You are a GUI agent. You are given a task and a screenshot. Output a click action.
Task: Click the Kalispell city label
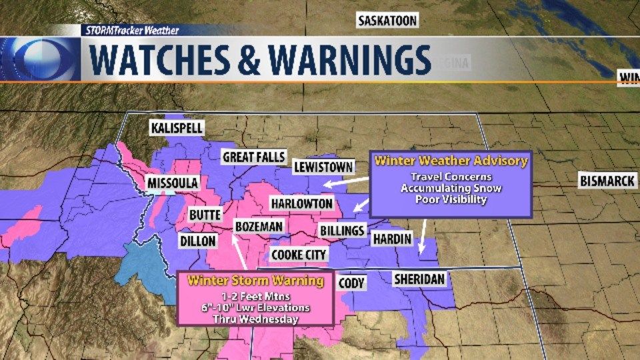pyautogui.click(x=177, y=127)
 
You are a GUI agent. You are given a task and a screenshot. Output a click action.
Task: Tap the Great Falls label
pyautogui.click(x=253, y=157)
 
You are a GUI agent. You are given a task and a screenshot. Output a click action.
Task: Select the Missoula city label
pyautogui.click(x=173, y=183)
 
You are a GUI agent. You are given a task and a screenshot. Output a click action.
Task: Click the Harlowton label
pyautogui.click(x=301, y=203)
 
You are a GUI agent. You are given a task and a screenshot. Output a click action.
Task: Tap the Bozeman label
pyautogui.click(x=259, y=227)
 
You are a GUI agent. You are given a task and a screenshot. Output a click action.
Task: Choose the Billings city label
pyautogui.click(x=342, y=231)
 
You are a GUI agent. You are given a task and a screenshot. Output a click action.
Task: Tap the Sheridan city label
pyautogui.click(x=419, y=279)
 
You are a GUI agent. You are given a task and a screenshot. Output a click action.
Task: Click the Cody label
pyautogui.click(x=351, y=283)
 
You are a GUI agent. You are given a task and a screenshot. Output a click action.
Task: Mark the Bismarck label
pyautogui.click(x=607, y=181)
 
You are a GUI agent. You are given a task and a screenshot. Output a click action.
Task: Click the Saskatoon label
pyautogui.click(x=387, y=21)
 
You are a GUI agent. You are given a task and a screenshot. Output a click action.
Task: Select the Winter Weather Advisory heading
pyautogui.click(x=451, y=161)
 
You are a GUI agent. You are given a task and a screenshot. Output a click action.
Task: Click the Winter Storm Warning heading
pyautogui.click(x=257, y=281)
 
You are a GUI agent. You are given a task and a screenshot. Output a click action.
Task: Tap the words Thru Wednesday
pyautogui.click(x=256, y=318)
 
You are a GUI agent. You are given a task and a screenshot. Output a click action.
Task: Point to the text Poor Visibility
pyautogui.click(x=451, y=199)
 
